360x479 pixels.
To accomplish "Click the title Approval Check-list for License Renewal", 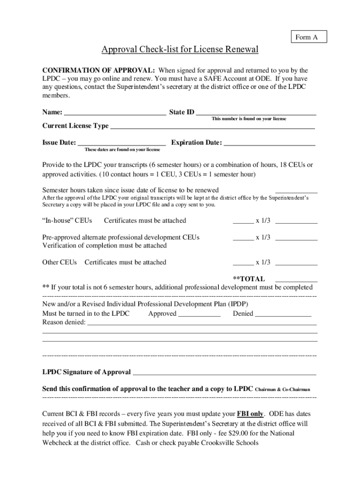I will click(x=180, y=50).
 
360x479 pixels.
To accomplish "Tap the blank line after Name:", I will click(x=115, y=113).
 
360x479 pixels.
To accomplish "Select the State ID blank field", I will click(x=256, y=113).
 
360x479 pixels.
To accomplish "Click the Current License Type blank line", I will click(x=212, y=126).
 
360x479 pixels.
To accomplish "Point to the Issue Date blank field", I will click(x=122, y=143).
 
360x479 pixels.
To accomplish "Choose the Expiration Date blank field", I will click(x=269, y=143).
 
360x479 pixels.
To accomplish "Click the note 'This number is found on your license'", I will click(x=249, y=119).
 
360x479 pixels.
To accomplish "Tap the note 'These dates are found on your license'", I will click(x=122, y=150).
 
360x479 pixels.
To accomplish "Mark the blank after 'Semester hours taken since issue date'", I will click(x=296, y=190).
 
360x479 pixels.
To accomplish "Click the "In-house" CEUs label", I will click(x=67, y=220).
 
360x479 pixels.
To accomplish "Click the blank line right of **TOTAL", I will click(x=296, y=280).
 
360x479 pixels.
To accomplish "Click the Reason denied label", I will click(x=64, y=322).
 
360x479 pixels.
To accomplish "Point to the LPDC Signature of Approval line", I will click(x=224, y=373).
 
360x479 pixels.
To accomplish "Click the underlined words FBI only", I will click(x=250, y=414).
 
